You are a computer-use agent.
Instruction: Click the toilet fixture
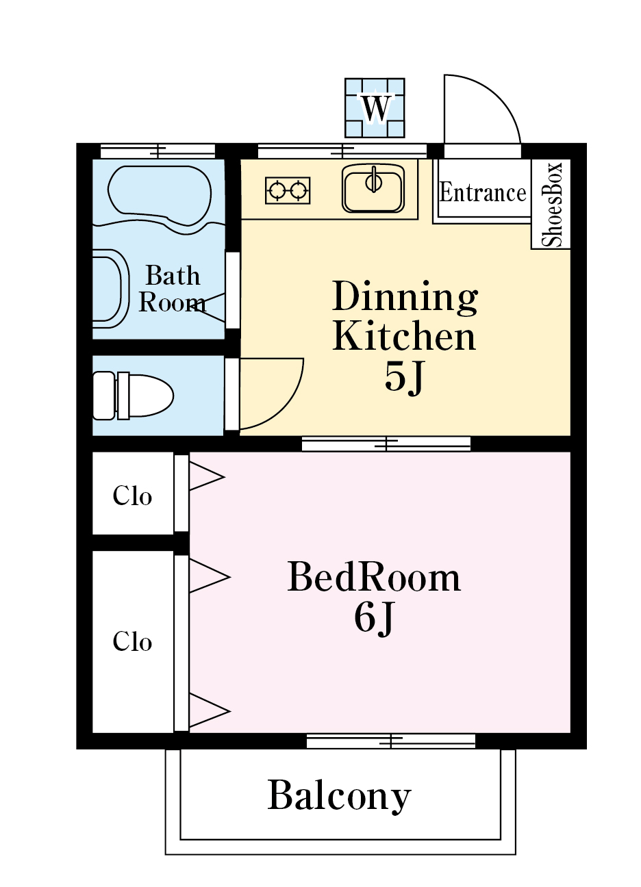tap(133, 396)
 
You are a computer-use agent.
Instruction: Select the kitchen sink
tap(373, 188)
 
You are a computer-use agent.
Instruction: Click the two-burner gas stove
tap(288, 190)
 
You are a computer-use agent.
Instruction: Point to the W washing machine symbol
tap(375, 107)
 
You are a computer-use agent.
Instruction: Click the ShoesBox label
tap(551, 205)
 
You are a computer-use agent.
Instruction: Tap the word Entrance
tap(483, 192)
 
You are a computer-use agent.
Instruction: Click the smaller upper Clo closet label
tap(132, 496)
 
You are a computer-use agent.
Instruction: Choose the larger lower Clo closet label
tap(132, 641)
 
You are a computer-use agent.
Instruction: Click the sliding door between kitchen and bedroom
tap(386, 444)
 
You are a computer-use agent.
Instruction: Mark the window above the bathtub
tap(158, 151)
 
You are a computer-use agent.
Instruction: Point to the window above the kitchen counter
tap(342, 151)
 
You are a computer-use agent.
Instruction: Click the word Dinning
tap(405, 298)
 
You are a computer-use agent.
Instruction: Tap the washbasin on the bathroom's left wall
tap(111, 289)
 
